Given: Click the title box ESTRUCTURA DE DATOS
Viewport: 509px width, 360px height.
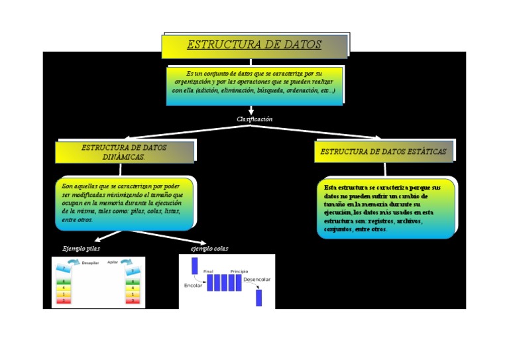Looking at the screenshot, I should pos(254,46).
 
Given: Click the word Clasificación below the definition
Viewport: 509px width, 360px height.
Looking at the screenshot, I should pos(254,119).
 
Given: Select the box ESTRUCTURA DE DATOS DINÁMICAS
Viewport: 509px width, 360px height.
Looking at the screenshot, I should pos(124,152).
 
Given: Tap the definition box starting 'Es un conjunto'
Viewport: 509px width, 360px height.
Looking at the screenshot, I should pos(254,84).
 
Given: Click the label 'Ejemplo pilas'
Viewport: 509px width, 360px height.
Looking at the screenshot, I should pos(81,249).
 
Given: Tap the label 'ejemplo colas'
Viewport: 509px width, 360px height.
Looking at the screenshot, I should pos(209,249).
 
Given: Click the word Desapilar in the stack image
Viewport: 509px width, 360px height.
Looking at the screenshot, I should pos(90,263).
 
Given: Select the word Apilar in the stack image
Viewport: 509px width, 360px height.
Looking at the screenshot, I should pos(113,263).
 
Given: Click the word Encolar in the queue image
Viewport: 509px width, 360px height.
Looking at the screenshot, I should pos(193,286).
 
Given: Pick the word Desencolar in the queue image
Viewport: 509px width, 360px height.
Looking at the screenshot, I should pos(256,280).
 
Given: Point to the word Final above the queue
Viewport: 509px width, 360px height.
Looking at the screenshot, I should pos(208,271).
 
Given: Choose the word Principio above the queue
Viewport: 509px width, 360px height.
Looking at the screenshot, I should pos(239,271).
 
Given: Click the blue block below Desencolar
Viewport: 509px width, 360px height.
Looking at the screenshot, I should pos(259,298).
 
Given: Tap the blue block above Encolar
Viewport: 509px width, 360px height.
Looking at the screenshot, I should pos(195,266).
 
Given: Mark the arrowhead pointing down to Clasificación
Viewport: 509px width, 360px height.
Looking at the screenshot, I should pos(251,111).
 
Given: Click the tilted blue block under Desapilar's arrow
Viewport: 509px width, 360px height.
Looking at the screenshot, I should pos(63,269).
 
